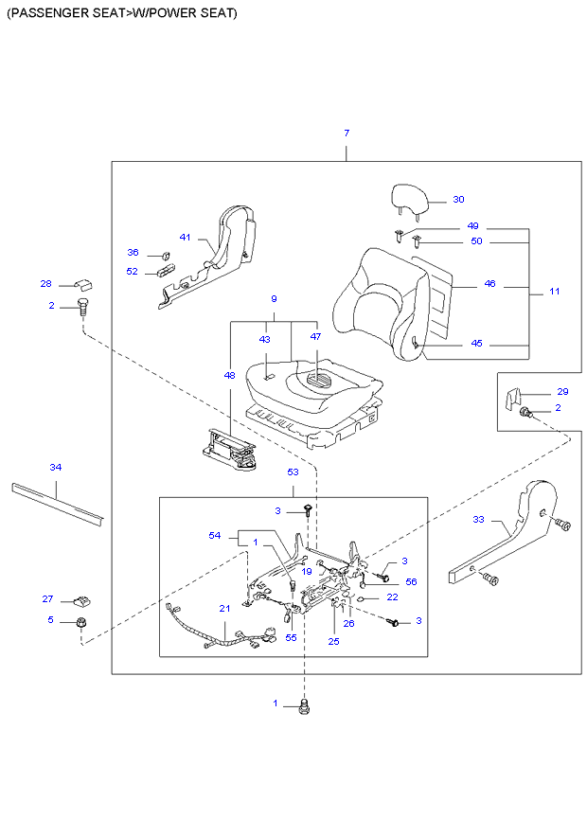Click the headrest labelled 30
click(411, 200)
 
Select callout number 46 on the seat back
click(489, 284)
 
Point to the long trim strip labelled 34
click(57, 502)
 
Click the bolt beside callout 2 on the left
click(82, 307)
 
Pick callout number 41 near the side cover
click(186, 237)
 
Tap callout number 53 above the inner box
click(293, 471)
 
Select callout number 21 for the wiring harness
click(224, 608)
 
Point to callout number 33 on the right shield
click(479, 519)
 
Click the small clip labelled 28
click(80, 283)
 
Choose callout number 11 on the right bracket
click(554, 291)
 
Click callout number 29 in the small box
click(562, 391)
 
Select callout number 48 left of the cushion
click(229, 376)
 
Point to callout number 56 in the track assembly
click(411, 581)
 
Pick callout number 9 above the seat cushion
click(274, 299)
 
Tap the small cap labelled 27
click(81, 599)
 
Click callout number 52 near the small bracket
click(133, 272)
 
